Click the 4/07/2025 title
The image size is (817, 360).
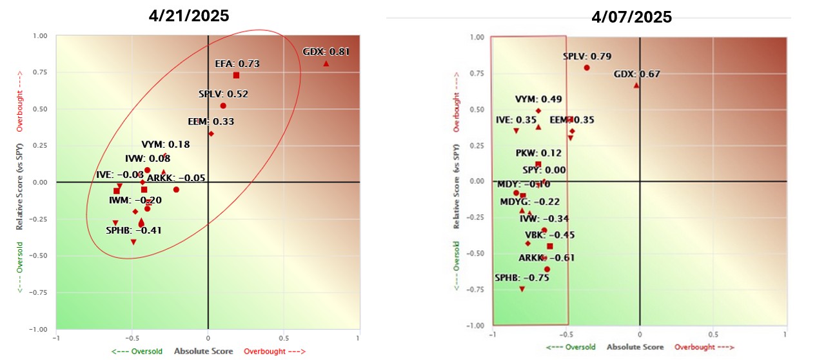tap(631, 17)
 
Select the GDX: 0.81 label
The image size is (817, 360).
tap(326, 52)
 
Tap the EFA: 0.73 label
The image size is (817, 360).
tap(237, 64)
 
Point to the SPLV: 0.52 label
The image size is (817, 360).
tap(223, 94)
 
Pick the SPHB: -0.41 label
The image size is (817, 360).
tap(134, 230)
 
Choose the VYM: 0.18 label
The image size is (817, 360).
tap(166, 145)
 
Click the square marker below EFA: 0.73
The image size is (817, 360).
tap(237, 75)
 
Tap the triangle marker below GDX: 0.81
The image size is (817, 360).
tap(326, 63)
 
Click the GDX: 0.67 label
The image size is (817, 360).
tap(636, 74)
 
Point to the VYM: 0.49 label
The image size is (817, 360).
tap(538, 99)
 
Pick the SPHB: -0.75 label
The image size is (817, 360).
tap(522, 278)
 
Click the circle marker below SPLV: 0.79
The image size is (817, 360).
tap(587, 68)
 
